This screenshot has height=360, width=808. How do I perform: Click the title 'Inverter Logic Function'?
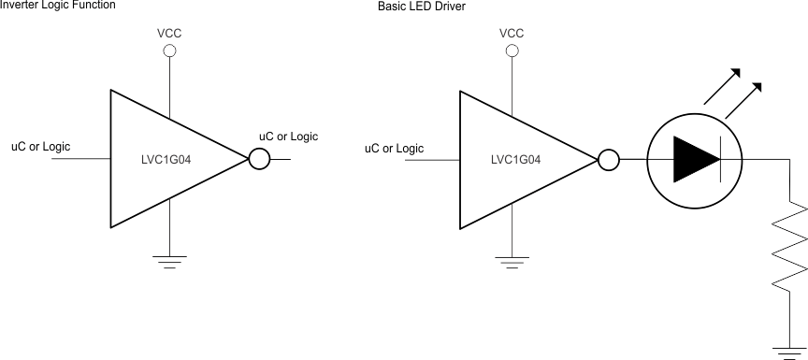[x=58, y=5]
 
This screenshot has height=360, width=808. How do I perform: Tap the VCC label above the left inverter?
[x=169, y=34]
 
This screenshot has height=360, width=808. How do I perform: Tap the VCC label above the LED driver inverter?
[x=512, y=34]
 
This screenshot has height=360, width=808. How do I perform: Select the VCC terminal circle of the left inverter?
[x=169, y=50]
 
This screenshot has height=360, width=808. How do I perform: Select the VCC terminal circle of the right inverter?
[x=512, y=50]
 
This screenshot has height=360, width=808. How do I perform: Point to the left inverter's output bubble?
[x=259, y=159]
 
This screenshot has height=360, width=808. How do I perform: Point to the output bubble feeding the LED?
[x=608, y=159]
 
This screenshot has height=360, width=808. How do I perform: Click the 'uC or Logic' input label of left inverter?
[x=40, y=147]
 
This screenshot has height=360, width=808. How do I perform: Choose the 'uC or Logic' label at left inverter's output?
[x=288, y=137]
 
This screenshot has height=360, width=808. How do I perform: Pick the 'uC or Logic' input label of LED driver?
[x=394, y=148]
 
